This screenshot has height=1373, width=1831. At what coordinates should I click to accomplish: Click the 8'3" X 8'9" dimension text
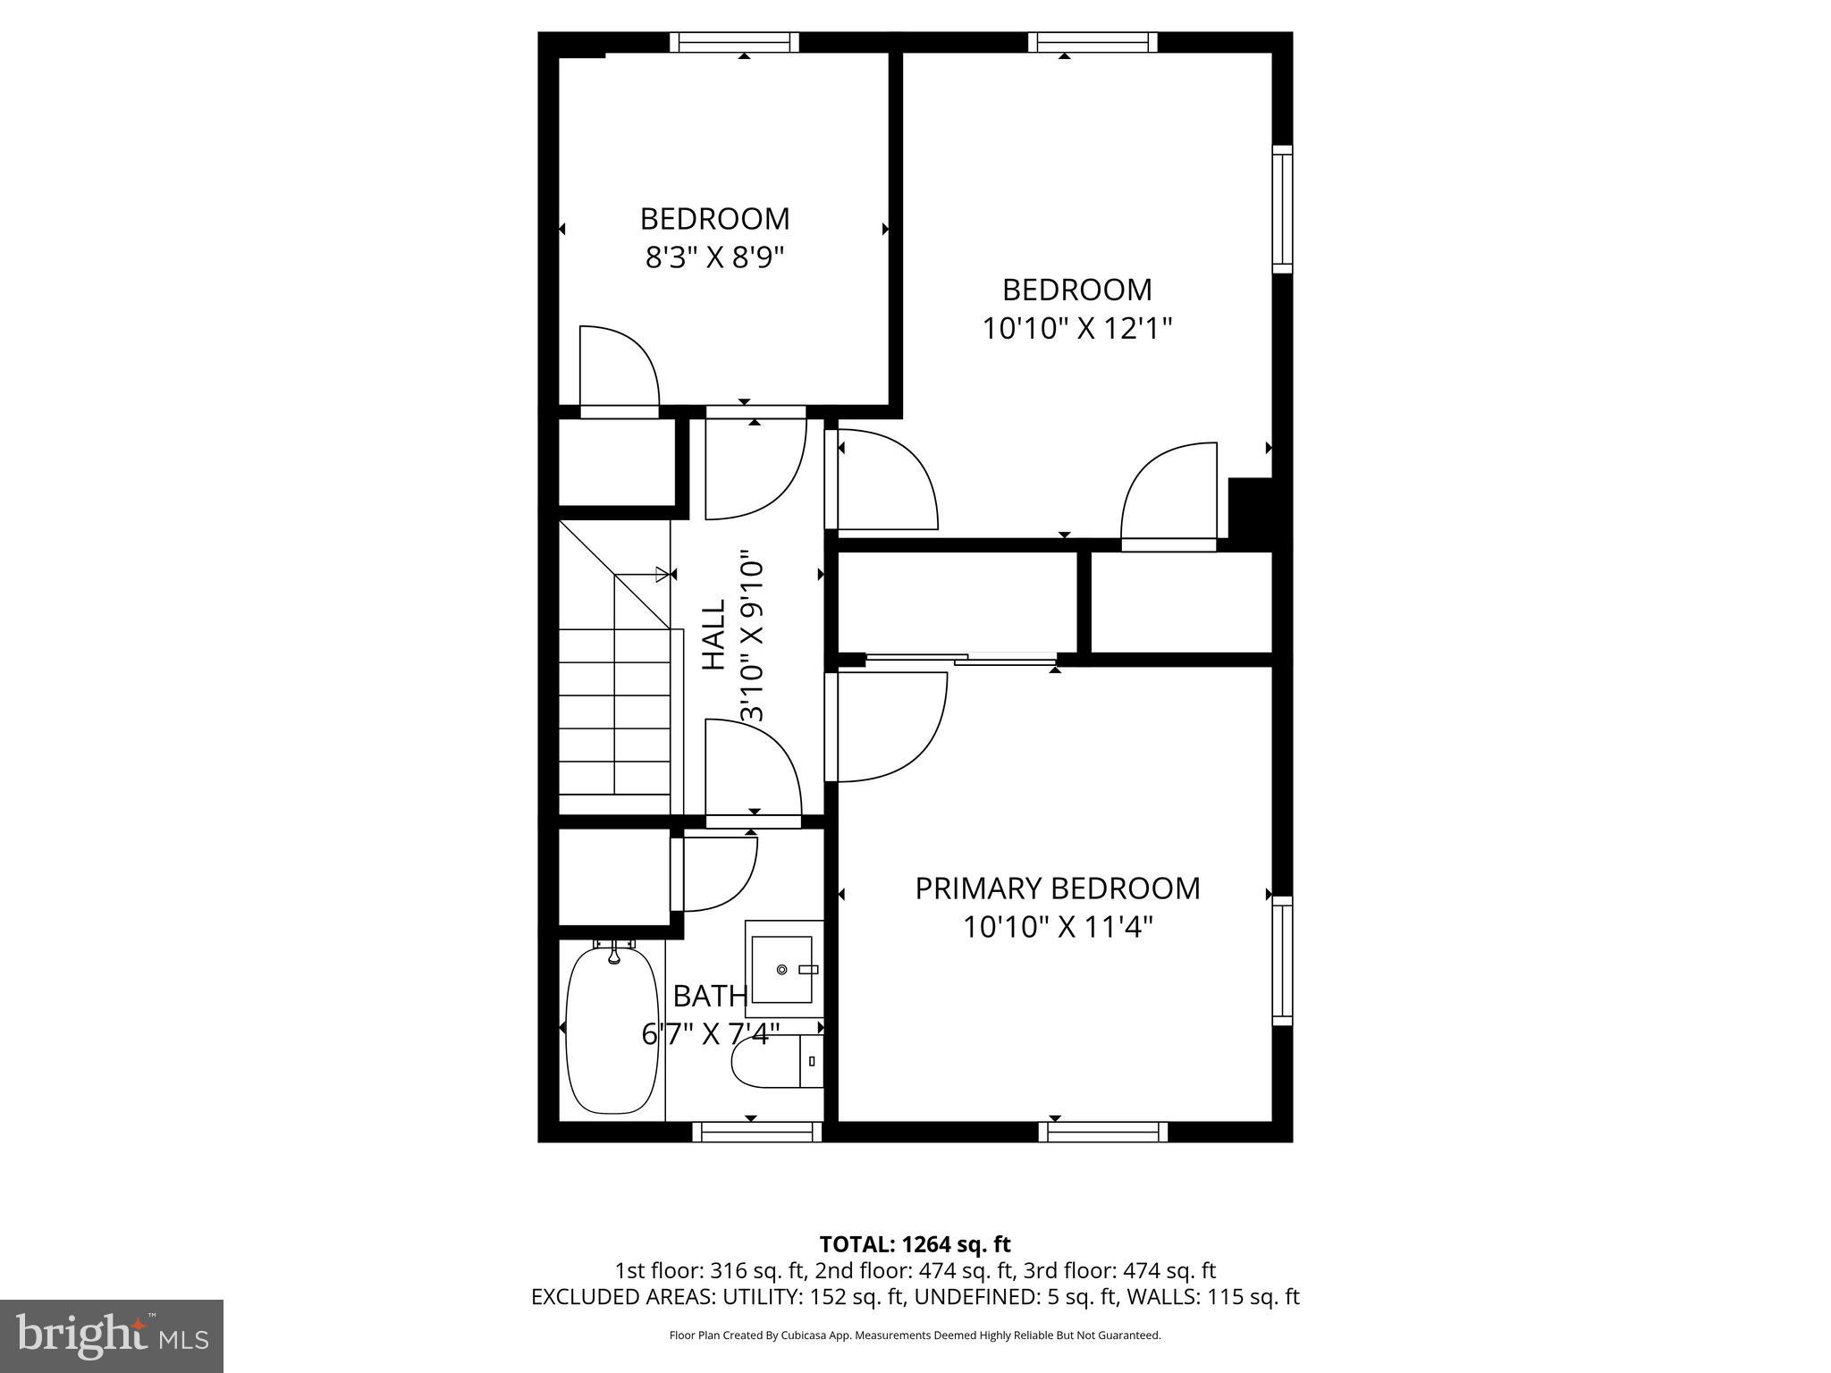(x=714, y=258)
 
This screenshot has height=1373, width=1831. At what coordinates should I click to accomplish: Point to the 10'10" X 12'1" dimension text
(x=1076, y=329)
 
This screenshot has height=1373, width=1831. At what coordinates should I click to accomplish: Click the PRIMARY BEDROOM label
(x=1057, y=889)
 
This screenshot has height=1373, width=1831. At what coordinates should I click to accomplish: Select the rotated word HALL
(x=713, y=635)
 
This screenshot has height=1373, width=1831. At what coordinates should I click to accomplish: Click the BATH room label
(x=710, y=996)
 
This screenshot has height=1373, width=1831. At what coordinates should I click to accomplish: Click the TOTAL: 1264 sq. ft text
(x=915, y=1244)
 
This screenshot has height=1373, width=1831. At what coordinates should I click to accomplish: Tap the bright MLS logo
(x=112, y=1335)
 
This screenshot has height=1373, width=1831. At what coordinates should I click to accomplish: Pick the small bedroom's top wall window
(x=734, y=42)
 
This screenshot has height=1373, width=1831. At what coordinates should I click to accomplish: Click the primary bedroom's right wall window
(x=1282, y=961)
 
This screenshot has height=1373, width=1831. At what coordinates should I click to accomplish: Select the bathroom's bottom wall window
(x=756, y=1133)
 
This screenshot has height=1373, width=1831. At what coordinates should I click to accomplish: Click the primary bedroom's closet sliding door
(x=960, y=660)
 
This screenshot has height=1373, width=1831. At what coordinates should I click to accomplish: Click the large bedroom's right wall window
(x=1282, y=209)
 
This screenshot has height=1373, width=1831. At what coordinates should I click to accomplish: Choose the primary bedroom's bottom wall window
(x=1102, y=1133)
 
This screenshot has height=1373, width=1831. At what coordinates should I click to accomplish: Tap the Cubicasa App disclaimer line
(x=915, y=1335)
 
